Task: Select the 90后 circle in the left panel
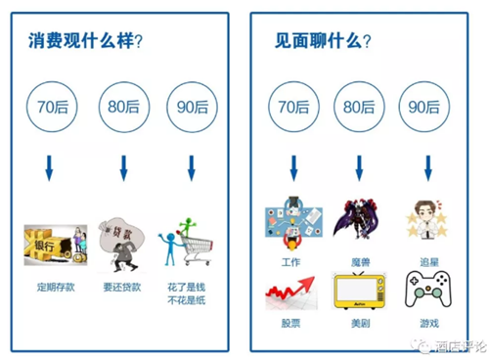click(192, 104)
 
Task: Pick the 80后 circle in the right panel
click(359, 104)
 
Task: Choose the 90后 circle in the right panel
click(426, 104)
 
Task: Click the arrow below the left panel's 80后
click(123, 168)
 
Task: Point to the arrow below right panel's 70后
click(292, 168)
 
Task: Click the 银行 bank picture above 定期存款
click(55, 246)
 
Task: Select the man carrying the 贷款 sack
click(122, 245)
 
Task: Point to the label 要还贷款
click(122, 289)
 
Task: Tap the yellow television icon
click(358, 292)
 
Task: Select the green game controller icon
click(427, 292)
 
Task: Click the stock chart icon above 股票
click(291, 292)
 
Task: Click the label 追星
click(427, 262)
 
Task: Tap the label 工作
click(290, 262)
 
